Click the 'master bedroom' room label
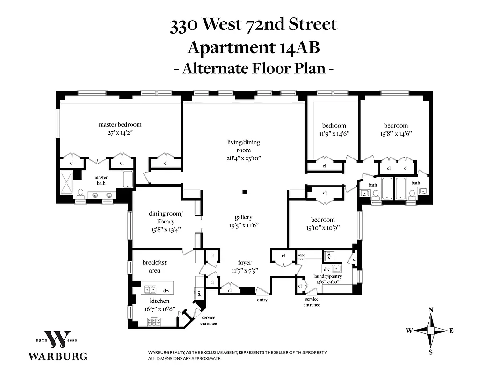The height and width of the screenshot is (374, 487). tap(120, 125)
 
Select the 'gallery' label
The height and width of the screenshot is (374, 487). tap(243, 217)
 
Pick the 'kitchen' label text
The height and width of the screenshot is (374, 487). tap(160, 301)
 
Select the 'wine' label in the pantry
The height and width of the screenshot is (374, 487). tap(301, 255)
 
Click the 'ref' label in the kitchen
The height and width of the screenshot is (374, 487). tap(199, 294)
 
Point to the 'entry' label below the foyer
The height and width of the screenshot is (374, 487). tap(262, 300)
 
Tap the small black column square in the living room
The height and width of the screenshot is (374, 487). tap(244, 192)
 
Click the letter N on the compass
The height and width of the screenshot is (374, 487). tap(431, 310)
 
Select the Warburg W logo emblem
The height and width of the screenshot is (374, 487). tap(58, 340)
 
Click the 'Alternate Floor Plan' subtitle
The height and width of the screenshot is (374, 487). tap(253, 69)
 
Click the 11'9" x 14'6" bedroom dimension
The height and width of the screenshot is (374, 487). tap(334, 133)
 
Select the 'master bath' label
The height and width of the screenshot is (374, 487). tap(101, 180)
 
